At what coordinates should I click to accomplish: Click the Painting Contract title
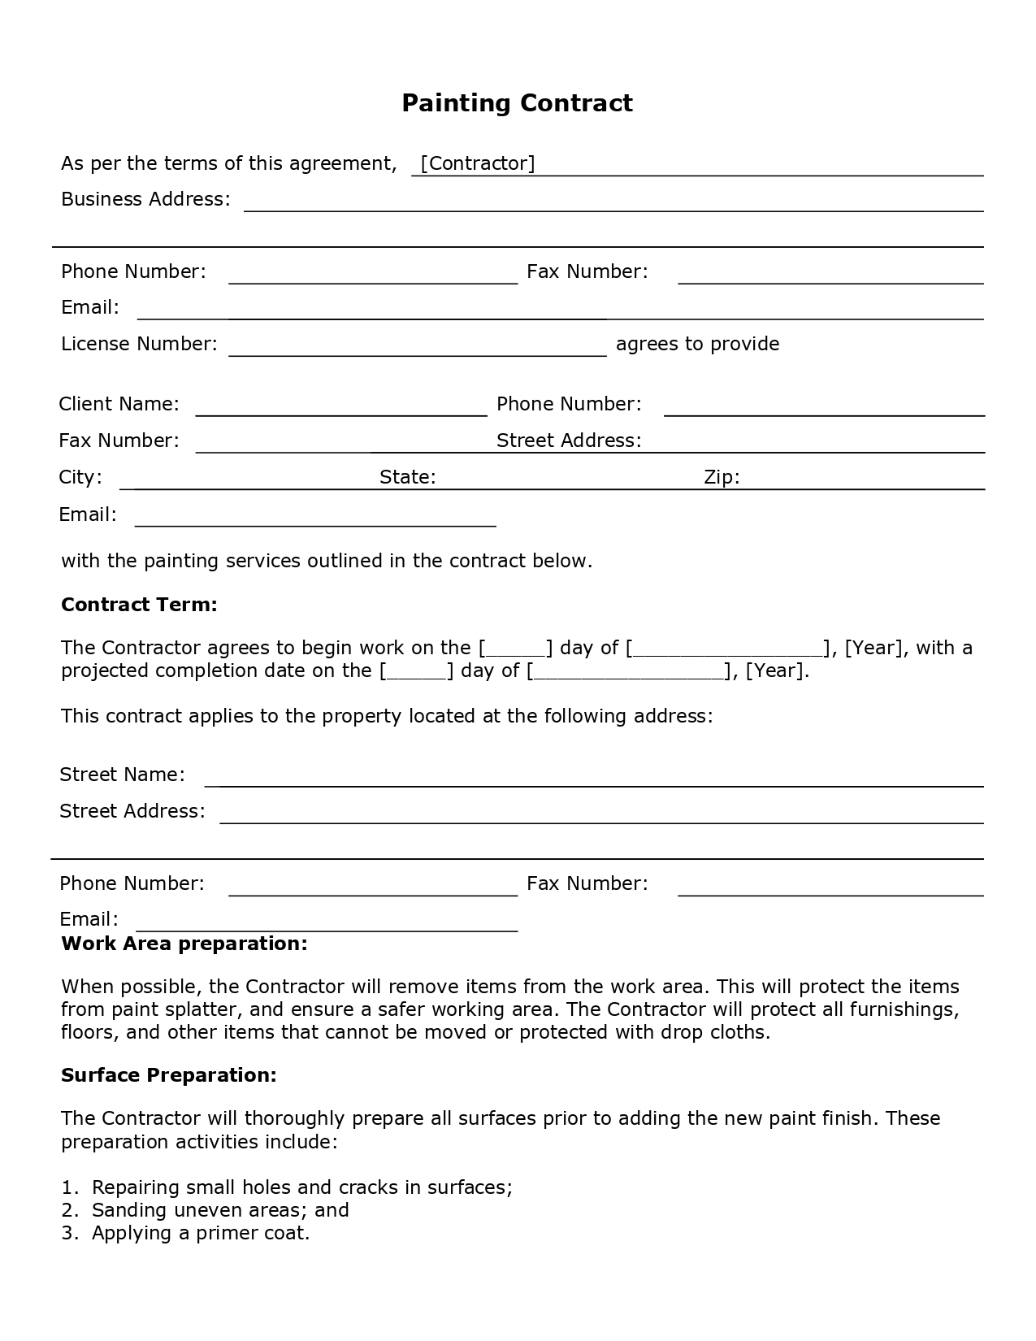tap(517, 103)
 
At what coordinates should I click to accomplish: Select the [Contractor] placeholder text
tap(477, 163)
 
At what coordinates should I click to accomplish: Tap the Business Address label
tap(145, 199)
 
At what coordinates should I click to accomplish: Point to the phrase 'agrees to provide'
tap(697, 344)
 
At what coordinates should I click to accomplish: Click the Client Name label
tap(119, 404)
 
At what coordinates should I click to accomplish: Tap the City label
tap(80, 476)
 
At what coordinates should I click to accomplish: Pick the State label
tap(408, 476)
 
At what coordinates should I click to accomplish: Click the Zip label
tap(722, 476)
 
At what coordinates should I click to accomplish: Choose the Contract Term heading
tap(139, 605)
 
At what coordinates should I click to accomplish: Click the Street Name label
tap(122, 775)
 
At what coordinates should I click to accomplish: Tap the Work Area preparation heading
tap(184, 944)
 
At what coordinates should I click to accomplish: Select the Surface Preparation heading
tap(169, 1075)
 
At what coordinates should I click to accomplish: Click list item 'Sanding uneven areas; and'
tap(220, 1210)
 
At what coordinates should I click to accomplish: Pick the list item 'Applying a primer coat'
tap(201, 1233)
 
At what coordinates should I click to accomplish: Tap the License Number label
tap(139, 344)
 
